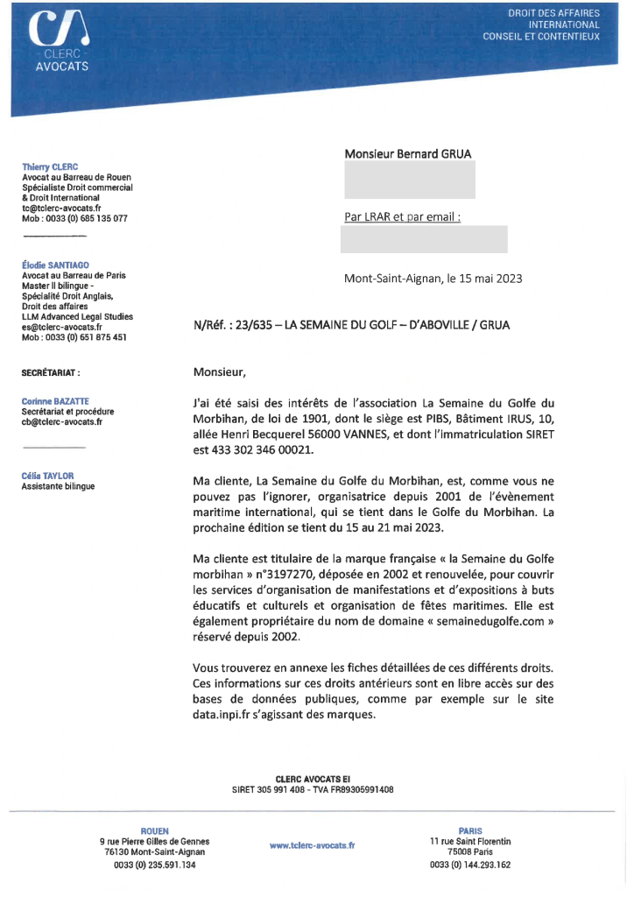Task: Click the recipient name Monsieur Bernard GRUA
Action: (408, 153)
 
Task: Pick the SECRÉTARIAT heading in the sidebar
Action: (51, 373)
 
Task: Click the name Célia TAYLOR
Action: (47, 476)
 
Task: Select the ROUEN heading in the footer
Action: (155, 830)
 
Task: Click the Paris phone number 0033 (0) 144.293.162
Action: (470, 865)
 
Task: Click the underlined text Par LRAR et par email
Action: (402, 216)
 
